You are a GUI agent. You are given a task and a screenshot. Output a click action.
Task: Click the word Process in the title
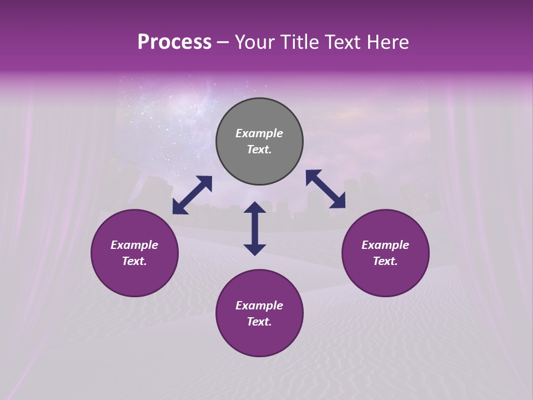[x=174, y=42]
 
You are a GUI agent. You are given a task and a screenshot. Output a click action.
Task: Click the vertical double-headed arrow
[x=255, y=229]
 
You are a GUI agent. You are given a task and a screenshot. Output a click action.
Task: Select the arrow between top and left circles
[x=192, y=195]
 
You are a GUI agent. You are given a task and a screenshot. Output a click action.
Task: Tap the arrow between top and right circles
[x=325, y=189]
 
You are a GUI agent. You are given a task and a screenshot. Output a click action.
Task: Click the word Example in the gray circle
[x=259, y=133]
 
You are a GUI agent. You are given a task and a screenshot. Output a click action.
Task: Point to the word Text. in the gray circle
[x=259, y=150]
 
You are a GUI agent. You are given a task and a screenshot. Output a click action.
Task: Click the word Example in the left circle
[x=134, y=245]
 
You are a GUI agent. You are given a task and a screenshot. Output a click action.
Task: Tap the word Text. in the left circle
[x=134, y=262]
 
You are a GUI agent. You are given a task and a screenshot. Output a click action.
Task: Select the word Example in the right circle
[x=385, y=245]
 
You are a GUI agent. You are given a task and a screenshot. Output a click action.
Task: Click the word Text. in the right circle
[x=385, y=262]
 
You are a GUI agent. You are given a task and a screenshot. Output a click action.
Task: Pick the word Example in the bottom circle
[x=259, y=306]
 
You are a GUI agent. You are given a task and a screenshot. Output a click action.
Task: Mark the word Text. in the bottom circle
[x=259, y=322]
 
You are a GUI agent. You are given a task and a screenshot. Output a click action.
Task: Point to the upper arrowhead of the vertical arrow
[x=255, y=208]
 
